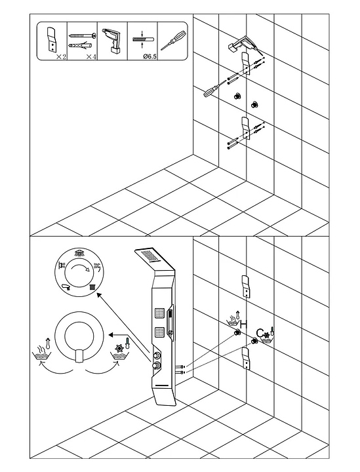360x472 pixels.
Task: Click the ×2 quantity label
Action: (61, 56)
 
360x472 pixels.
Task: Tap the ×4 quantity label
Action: (91, 56)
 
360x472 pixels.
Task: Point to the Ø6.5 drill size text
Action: (150, 56)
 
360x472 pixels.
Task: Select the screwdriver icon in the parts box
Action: (172, 41)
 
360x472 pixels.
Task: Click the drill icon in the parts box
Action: (112, 41)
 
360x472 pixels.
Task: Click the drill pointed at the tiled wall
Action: (243, 44)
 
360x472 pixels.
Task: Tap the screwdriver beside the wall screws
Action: (214, 88)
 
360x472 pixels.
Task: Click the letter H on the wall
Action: (244, 324)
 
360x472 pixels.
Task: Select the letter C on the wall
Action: (260, 333)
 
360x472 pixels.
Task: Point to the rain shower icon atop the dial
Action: (79, 252)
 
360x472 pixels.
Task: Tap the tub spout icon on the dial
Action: (66, 287)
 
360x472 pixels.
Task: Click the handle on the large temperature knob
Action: (79, 357)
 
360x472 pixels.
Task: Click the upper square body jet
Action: (159, 313)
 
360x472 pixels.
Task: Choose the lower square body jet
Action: (159, 332)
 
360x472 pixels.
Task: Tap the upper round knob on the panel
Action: (157, 355)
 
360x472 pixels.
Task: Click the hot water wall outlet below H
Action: (237, 332)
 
